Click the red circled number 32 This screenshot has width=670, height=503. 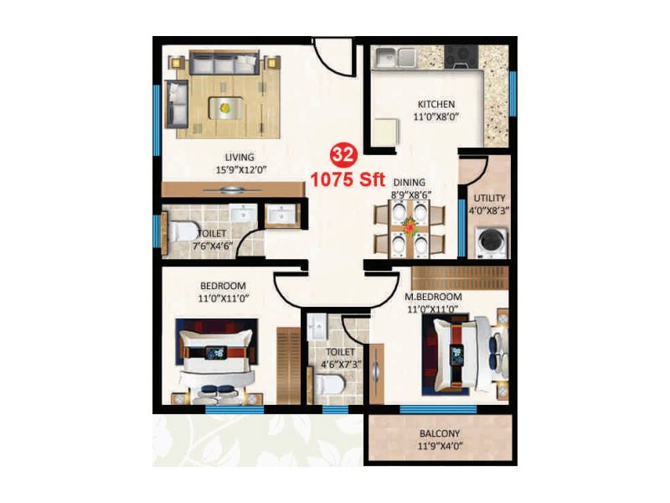click(x=342, y=154)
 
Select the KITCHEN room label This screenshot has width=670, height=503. click(x=436, y=105)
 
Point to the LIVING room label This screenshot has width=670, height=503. click(x=239, y=157)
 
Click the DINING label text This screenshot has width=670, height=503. click(x=410, y=182)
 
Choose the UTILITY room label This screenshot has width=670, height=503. click(x=489, y=198)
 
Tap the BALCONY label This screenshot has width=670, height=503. click(x=439, y=434)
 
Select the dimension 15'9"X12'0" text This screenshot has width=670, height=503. click(x=240, y=169)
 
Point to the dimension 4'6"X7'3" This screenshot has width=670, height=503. click(x=341, y=365)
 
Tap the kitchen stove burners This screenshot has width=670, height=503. click(x=459, y=56)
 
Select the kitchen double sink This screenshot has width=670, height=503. click(x=396, y=57)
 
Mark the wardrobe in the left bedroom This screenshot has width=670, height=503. click(x=287, y=364)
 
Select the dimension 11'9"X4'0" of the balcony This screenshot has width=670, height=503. click(x=439, y=447)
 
